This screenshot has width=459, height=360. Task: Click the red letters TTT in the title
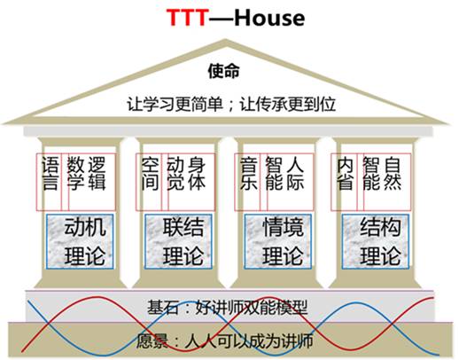188,18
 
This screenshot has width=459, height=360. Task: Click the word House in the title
269,18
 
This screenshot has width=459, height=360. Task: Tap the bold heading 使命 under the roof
223,71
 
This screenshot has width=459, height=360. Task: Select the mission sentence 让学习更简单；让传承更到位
231,105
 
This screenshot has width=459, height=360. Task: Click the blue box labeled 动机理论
80,241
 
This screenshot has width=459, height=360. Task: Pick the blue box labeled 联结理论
178,241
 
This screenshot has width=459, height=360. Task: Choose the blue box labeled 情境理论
278,241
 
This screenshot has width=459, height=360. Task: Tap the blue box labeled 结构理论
376,241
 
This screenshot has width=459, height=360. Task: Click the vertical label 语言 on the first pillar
50,174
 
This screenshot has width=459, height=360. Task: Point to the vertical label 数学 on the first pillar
75,174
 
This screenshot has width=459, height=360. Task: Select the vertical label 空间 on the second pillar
150,174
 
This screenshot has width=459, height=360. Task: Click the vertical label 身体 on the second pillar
197,174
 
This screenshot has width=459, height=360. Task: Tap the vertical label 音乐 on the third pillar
249,174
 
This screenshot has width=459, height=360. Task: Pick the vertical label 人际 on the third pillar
295,174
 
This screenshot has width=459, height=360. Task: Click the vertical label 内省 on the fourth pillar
346,174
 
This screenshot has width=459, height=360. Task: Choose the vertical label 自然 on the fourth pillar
392,174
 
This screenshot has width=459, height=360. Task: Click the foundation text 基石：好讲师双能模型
228,308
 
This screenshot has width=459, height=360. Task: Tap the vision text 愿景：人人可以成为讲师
225,340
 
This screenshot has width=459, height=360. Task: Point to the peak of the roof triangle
225,40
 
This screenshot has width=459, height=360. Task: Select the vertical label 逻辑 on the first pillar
96,174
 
